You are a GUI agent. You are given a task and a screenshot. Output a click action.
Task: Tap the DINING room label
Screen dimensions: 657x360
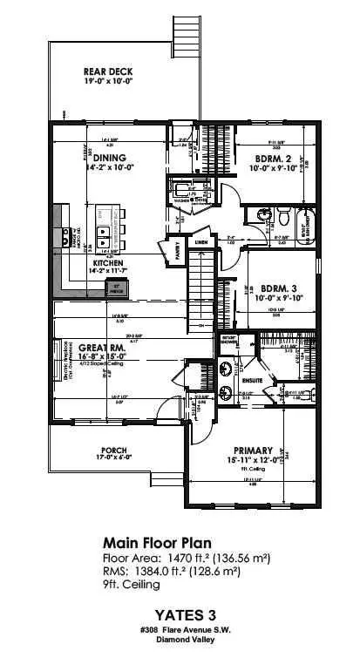pyautogui.click(x=109, y=158)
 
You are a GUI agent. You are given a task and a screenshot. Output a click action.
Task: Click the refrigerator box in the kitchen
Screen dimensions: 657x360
pyautogui.click(x=114, y=288)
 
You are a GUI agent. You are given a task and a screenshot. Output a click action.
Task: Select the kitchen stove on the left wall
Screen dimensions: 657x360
pyautogui.click(x=63, y=236)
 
